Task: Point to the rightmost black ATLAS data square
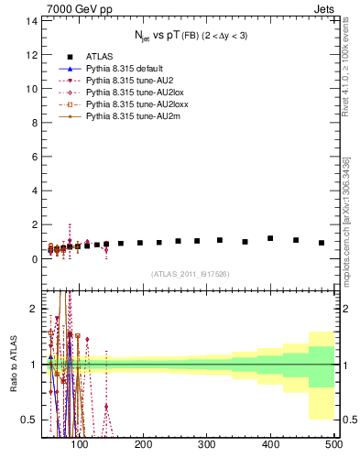322,243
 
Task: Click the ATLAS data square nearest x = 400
270,238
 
